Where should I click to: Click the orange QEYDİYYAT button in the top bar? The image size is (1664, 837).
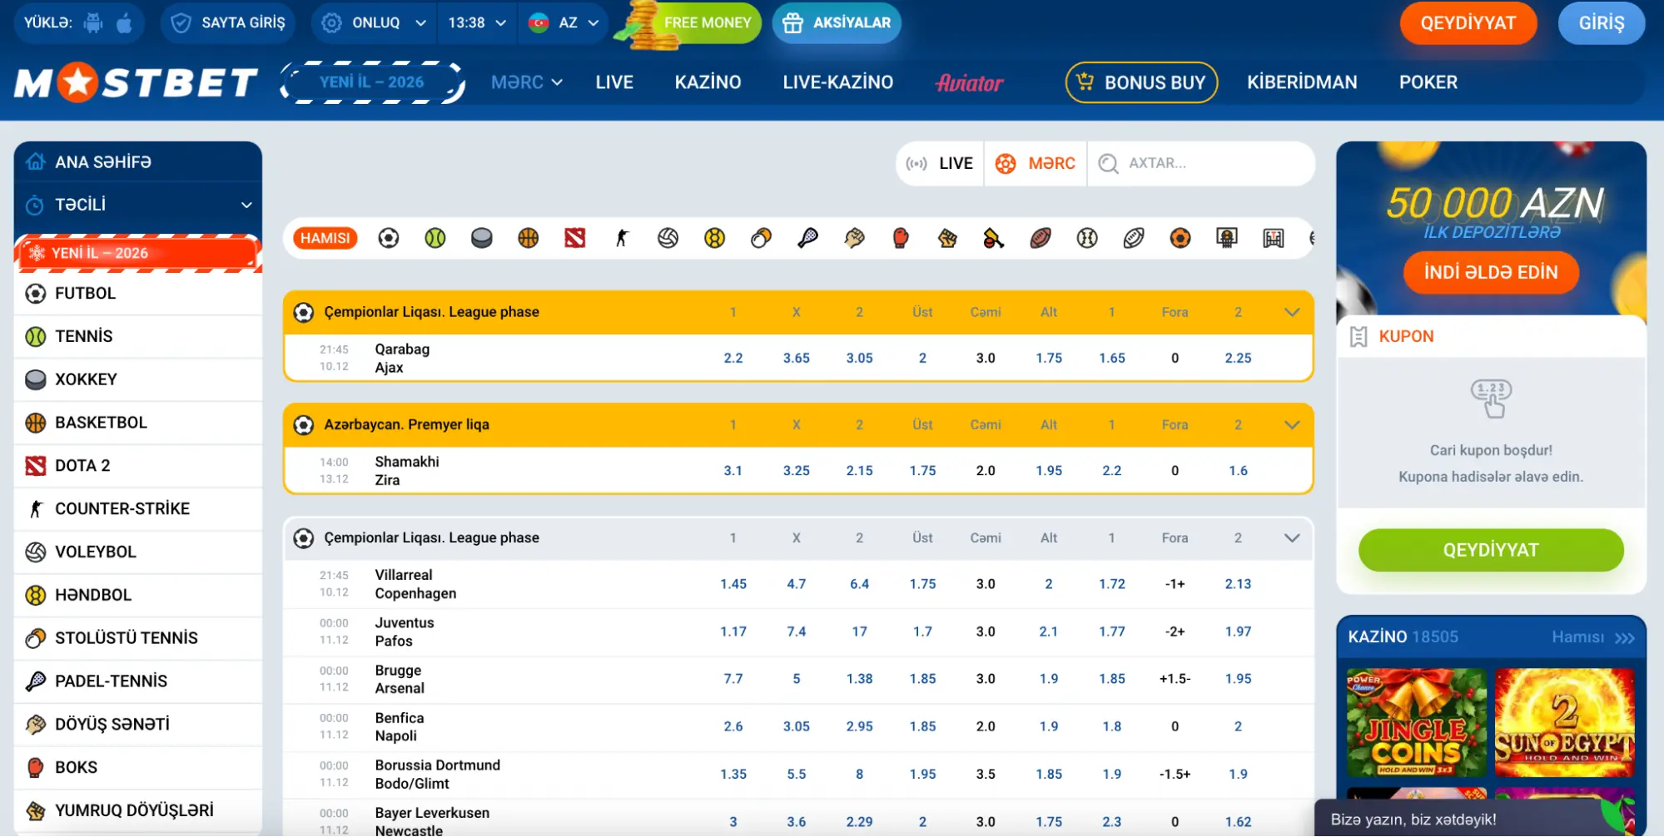[x=1468, y=23]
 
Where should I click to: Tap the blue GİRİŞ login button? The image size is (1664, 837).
[x=1601, y=23]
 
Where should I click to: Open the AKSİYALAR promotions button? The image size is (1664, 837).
[x=837, y=23]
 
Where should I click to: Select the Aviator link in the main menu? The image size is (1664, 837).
[x=970, y=82]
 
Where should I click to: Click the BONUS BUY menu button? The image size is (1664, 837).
[x=1141, y=82]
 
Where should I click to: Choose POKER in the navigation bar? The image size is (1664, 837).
[x=1428, y=82]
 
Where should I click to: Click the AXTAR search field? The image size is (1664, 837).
[x=1201, y=163]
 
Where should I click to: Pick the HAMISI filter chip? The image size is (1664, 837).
[x=325, y=238]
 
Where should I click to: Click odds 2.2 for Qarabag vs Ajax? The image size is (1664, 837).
[x=733, y=358]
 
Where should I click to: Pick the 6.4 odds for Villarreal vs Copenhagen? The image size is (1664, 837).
[x=859, y=584]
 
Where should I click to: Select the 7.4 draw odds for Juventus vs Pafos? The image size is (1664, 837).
[x=796, y=631]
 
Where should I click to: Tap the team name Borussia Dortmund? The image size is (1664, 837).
[x=437, y=765]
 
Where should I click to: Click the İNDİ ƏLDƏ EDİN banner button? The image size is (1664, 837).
[x=1491, y=273]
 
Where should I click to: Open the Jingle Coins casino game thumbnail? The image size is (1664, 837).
[x=1416, y=722]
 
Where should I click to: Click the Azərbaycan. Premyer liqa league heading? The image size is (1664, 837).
[x=406, y=424]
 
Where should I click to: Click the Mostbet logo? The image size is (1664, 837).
[x=137, y=82]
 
